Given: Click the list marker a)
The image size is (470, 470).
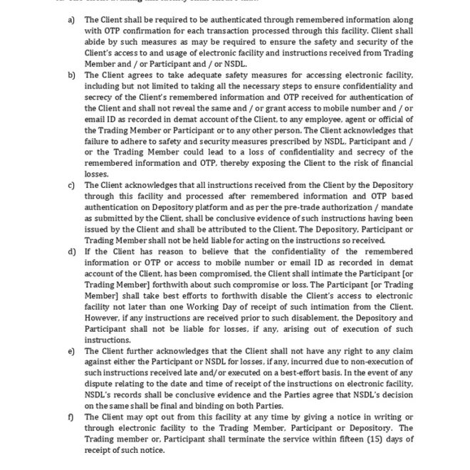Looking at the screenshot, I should (71, 20).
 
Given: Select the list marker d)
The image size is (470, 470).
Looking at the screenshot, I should (71, 251).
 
